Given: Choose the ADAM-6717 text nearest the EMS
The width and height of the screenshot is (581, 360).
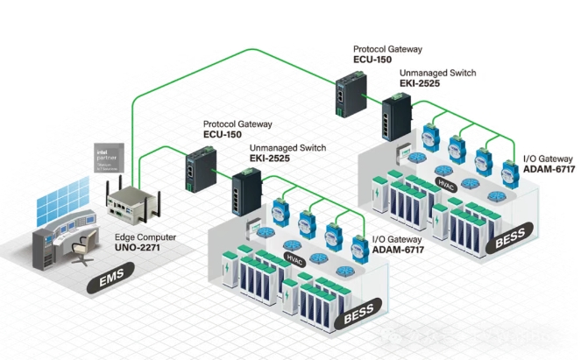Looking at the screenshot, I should click(x=395, y=249).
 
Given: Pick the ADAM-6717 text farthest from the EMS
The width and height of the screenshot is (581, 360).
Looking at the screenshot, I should click(x=549, y=169).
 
